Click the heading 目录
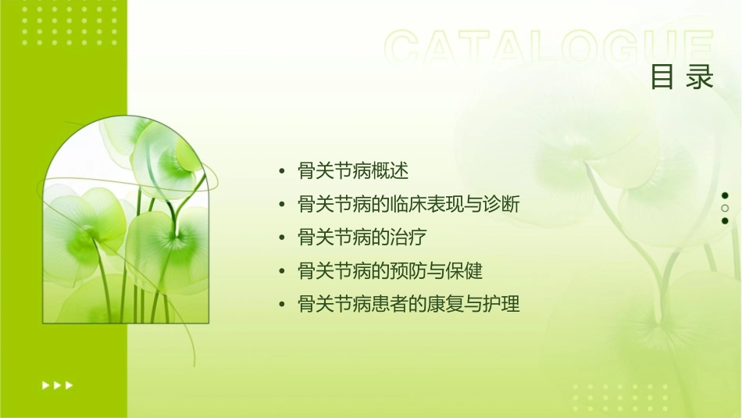(682, 77)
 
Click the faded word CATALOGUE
(548, 48)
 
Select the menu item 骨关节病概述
(354, 171)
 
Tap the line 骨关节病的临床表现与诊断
(408, 205)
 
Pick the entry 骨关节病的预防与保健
(391, 271)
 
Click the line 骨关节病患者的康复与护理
(408, 304)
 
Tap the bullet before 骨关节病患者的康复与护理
(282, 305)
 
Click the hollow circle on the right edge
(725, 209)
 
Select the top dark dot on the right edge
(725, 195)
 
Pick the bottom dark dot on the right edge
(725, 221)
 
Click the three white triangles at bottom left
(58, 384)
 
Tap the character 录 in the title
(701, 77)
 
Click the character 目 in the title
(663, 77)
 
